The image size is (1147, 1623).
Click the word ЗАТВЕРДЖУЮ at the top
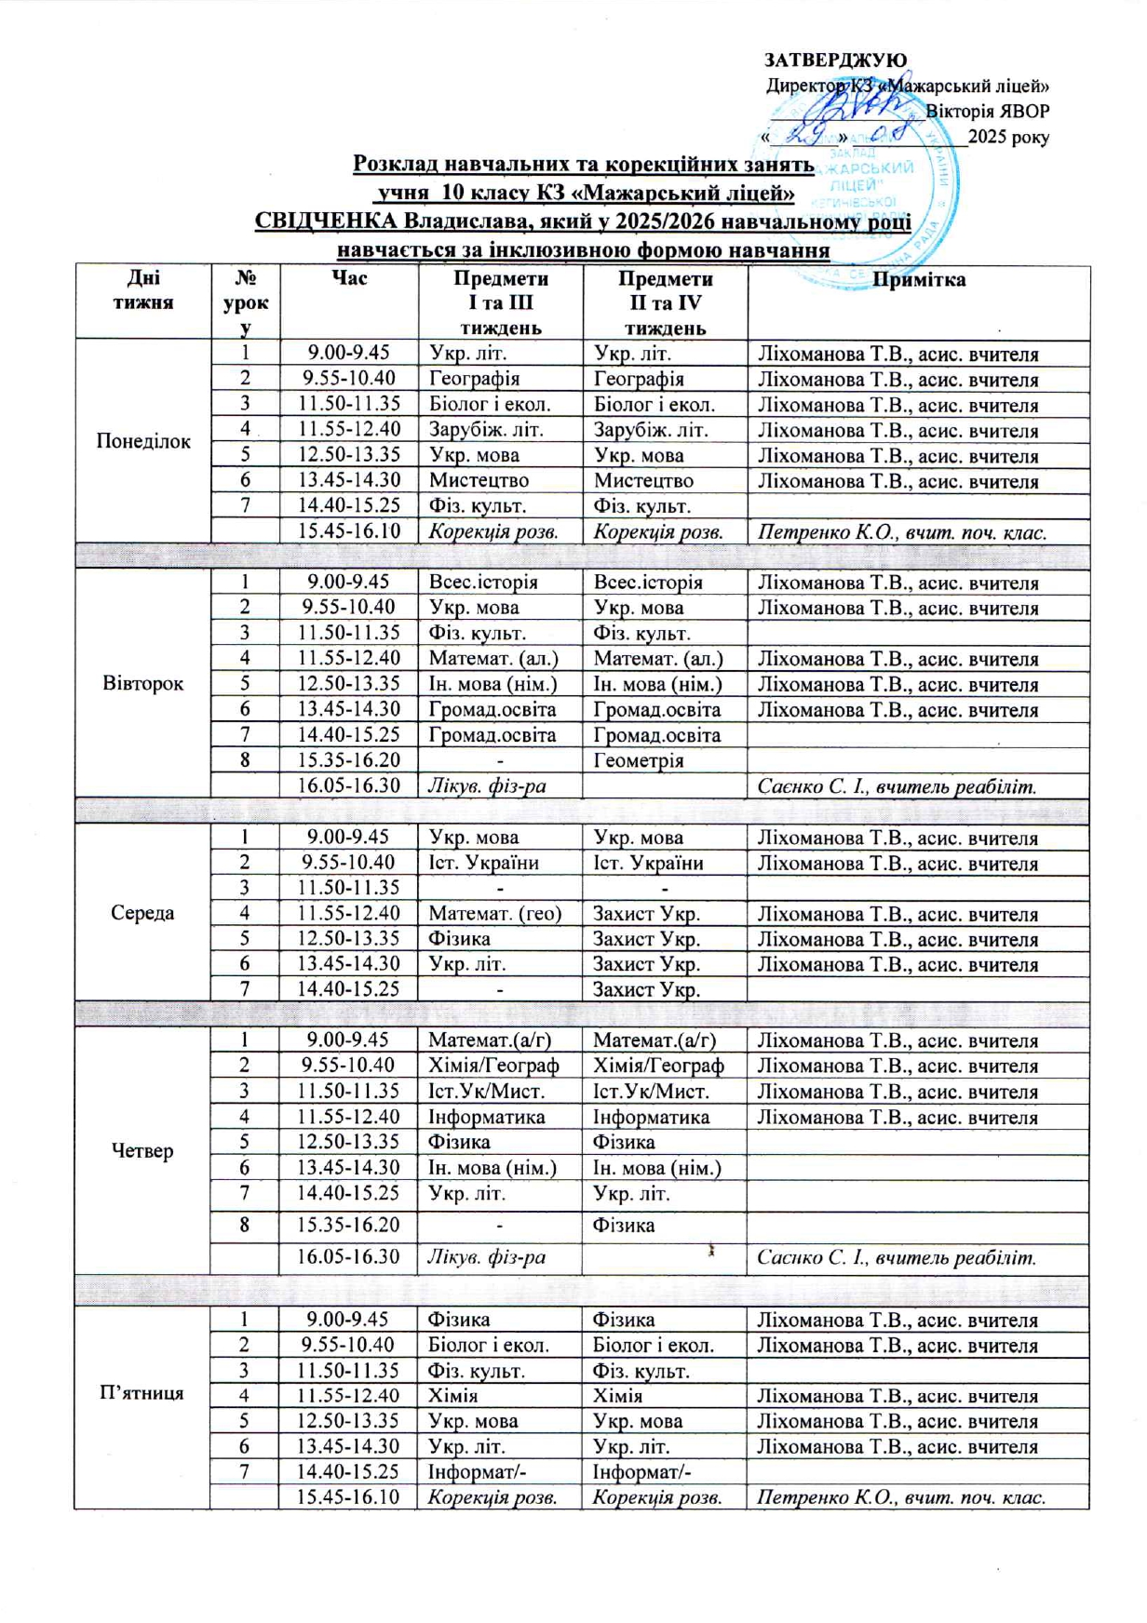tap(835, 60)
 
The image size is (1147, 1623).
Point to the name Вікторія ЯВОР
tap(988, 111)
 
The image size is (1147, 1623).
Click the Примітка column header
tap(918, 279)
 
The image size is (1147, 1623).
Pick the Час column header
tap(348, 278)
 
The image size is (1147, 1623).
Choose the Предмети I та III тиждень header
tap(500, 302)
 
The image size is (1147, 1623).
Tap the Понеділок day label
tap(143, 441)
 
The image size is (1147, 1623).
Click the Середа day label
tap(143, 913)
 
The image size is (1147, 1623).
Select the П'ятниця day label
tap(142, 1393)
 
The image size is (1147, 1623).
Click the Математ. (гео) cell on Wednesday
tap(494, 914)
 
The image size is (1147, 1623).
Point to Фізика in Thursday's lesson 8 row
tap(624, 1226)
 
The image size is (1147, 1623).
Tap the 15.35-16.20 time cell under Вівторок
tap(348, 760)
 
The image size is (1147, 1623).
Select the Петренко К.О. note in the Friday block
tap(900, 1497)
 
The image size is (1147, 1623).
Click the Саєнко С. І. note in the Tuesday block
tap(896, 786)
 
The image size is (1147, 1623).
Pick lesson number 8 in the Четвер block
tap(245, 1226)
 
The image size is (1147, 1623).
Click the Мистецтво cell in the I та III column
tap(479, 481)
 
